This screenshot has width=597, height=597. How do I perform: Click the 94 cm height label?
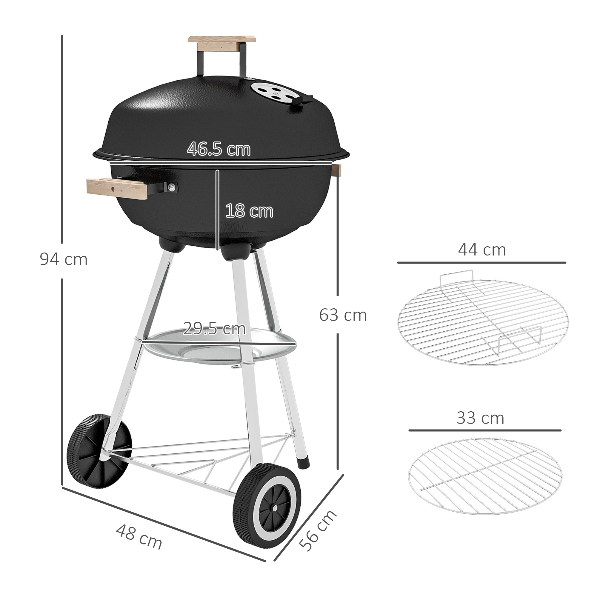[63, 260]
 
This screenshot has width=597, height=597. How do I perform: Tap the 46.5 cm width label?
[219, 149]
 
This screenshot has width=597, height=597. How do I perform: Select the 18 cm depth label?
[249, 211]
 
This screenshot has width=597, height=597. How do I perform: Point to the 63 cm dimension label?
[343, 315]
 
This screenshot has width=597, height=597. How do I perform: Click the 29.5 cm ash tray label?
[214, 328]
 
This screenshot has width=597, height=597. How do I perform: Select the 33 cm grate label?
[480, 418]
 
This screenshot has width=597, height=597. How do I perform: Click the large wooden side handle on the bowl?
[118, 189]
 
